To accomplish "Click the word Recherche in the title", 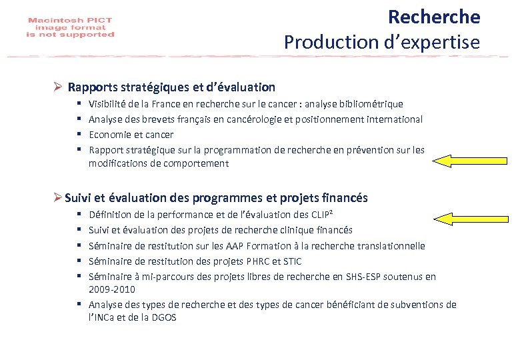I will [x=433, y=16].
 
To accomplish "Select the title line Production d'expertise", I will [x=381, y=42].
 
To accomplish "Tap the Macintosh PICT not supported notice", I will [x=71, y=27].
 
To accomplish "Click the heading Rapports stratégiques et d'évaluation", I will [x=171, y=87].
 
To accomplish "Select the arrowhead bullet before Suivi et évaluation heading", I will [x=58, y=198].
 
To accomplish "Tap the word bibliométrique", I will [x=369, y=104].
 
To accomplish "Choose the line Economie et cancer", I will [x=131, y=135].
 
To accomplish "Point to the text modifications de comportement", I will [x=158, y=163].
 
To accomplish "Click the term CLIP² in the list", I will [x=322, y=215].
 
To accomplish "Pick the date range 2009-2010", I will [x=111, y=289].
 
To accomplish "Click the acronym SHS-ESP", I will [x=362, y=276].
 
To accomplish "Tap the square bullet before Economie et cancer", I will [x=79, y=135].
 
